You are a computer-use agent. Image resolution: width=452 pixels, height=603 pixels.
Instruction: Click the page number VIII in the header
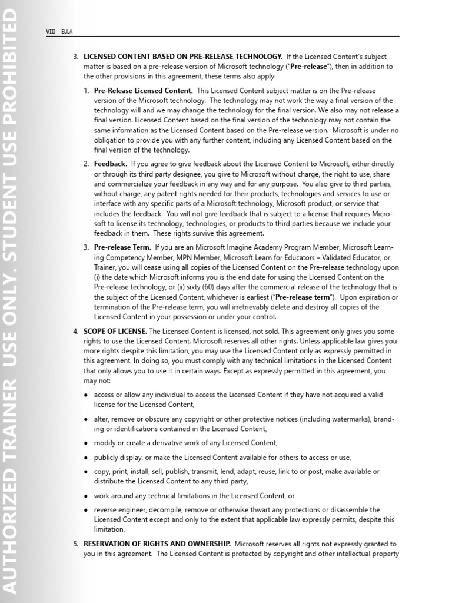pos(50,31)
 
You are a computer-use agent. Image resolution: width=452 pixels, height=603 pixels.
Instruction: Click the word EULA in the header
pos(67,31)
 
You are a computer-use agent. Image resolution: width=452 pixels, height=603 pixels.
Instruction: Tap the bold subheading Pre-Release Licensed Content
pos(143,91)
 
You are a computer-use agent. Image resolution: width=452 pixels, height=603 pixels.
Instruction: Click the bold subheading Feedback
pos(110,164)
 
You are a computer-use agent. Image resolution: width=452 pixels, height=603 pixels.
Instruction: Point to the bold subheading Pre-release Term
pos(122,247)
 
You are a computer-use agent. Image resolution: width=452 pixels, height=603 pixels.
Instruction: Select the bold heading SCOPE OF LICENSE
pos(115,331)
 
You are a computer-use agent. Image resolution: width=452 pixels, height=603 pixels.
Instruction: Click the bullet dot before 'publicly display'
pos(86,458)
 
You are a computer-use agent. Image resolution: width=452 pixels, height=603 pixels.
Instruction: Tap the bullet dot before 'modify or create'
pos(86,443)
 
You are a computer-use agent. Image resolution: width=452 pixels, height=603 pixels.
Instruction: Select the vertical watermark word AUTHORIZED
pos(10,524)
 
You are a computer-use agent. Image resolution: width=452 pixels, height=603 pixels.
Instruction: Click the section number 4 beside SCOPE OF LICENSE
pos(75,331)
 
